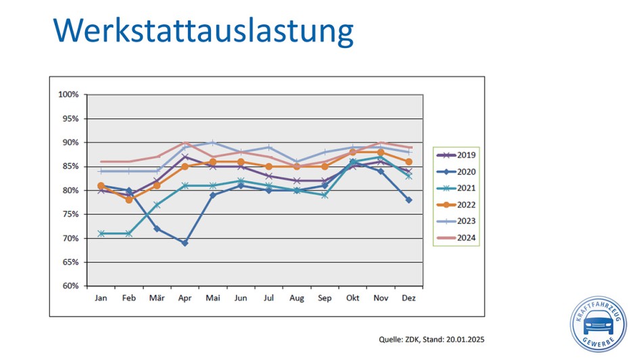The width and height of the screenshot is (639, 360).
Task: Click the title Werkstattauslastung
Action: click(x=203, y=31)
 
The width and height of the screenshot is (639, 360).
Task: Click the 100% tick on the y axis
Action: click(x=68, y=95)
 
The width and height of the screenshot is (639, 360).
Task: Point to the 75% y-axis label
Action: click(x=70, y=215)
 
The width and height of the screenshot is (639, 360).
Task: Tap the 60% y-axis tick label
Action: click(x=70, y=286)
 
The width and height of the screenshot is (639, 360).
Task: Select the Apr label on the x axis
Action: click(x=185, y=298)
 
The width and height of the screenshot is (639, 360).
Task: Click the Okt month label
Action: click(x=352, y=298)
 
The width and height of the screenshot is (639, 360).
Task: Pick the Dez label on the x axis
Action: click(x=408, y=298)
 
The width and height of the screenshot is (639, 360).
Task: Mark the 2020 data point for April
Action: click(x=185, y=243)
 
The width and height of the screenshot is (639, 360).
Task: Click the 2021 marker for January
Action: click(x=101, y=233)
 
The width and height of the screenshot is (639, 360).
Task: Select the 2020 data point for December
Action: click(x=408, y=200)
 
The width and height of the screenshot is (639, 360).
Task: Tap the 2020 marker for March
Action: click(x=157, y=229)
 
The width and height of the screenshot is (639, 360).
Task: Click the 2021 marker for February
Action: click(x=128, y=233)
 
